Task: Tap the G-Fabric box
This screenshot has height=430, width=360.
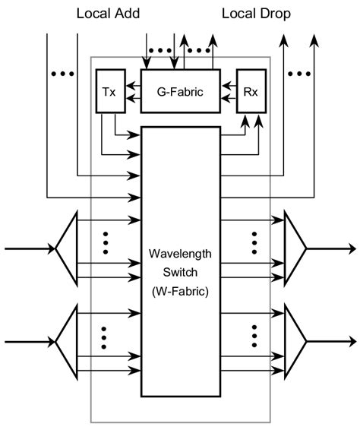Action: coord(180,91)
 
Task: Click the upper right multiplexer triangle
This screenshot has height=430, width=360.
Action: coord(295,248)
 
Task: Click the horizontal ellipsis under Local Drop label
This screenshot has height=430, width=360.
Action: coord(299,74)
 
